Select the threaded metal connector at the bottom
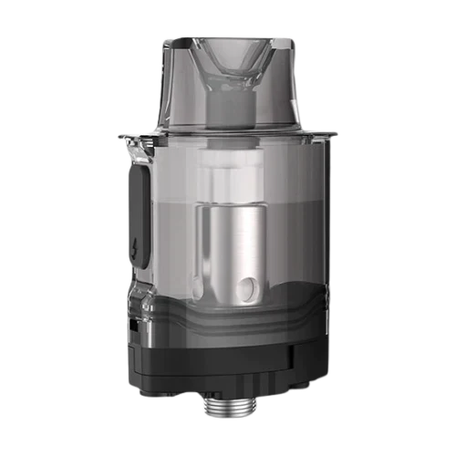[x=228, y=416]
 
